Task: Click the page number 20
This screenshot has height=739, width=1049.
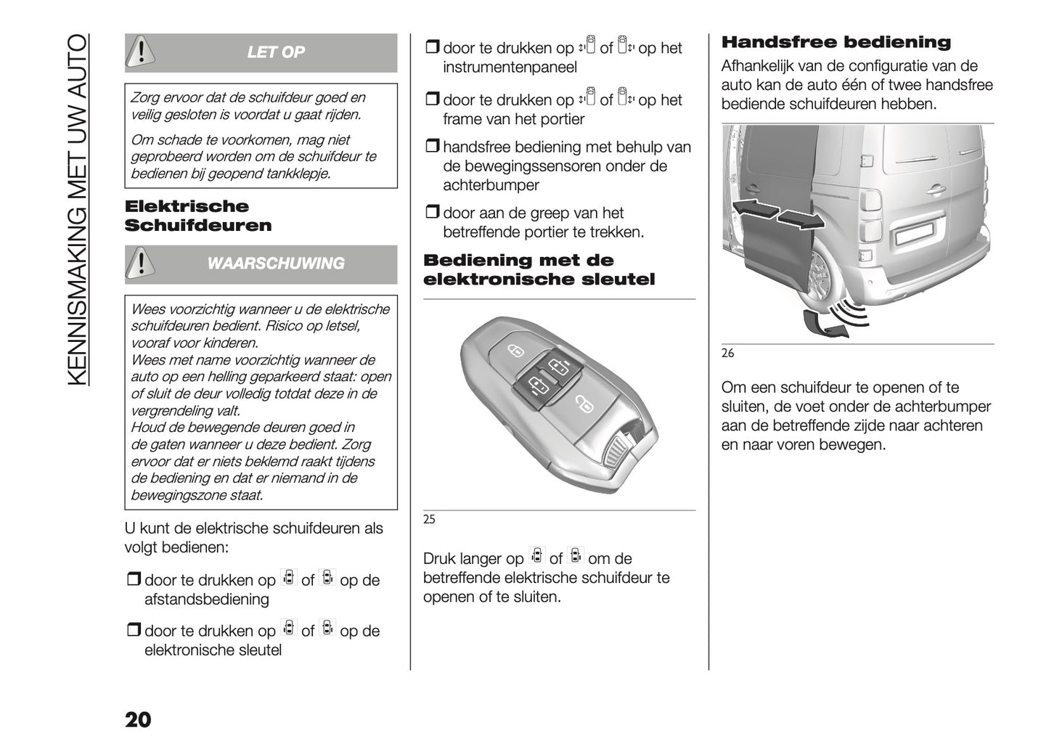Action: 138,719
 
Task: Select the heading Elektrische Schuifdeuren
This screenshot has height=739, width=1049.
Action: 197,216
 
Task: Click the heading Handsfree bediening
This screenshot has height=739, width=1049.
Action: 836,42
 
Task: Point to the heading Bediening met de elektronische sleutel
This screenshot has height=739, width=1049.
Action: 539,269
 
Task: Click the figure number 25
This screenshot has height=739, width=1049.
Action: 429,519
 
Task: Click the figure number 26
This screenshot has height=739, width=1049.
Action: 727,353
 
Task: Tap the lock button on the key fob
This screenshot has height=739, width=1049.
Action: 515,351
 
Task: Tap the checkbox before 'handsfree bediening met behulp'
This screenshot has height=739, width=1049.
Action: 433,147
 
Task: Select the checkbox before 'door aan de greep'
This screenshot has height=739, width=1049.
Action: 433,213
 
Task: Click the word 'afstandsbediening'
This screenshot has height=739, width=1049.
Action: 207,600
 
